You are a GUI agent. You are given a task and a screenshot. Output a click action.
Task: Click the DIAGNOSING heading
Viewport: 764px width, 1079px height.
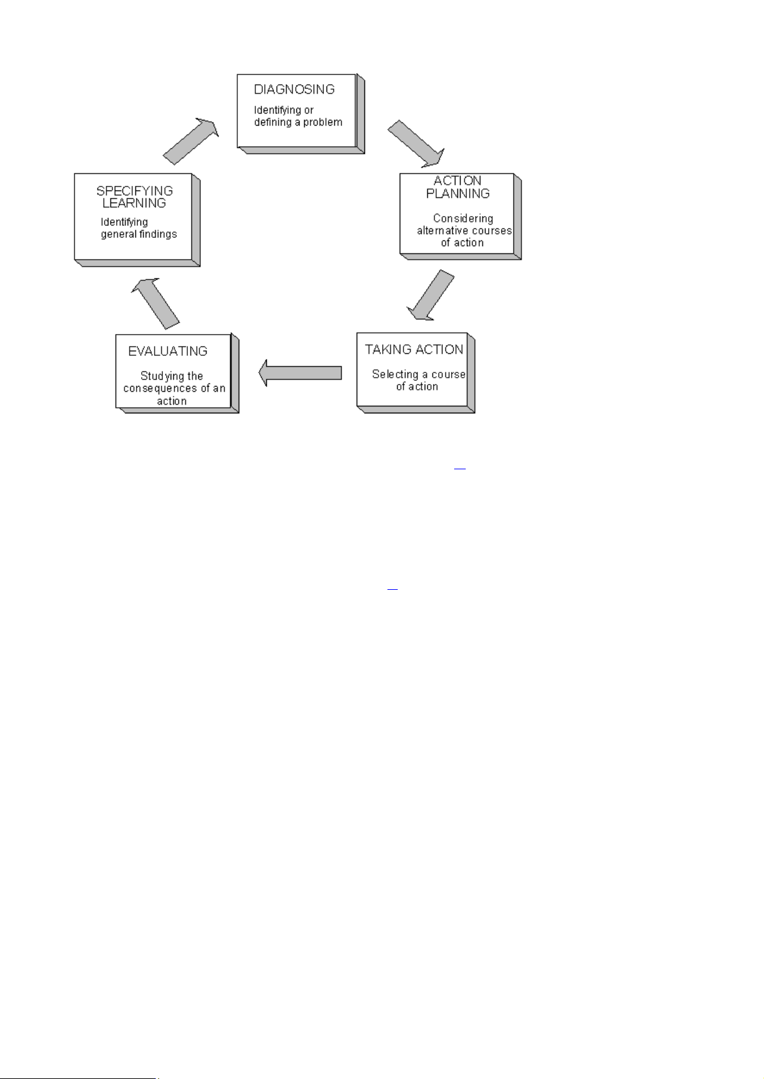coord(294,89)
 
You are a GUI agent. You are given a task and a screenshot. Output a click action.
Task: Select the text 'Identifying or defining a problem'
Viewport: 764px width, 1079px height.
coord(298,116)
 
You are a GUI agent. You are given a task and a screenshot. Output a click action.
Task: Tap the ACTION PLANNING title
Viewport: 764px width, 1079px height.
coord(457,187)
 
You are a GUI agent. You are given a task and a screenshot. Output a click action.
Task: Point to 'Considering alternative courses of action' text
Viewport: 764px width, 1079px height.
coord(464,230)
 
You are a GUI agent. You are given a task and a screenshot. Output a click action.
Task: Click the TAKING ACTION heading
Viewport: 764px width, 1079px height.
coord(414,349)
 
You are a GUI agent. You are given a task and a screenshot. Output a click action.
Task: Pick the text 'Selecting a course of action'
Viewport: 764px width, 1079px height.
coord(418,380)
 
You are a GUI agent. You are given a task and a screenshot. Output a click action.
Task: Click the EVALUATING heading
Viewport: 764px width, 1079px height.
coord(167,351)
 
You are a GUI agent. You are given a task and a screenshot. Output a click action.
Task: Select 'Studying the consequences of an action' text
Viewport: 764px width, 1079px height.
coord(174,389)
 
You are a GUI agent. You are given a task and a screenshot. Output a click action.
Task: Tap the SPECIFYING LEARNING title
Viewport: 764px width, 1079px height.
coord(135,197)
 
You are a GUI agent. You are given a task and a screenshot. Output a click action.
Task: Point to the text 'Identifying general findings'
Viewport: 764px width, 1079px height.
coord(139,228)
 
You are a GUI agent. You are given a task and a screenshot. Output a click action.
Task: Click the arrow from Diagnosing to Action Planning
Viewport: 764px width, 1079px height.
coord(416,144)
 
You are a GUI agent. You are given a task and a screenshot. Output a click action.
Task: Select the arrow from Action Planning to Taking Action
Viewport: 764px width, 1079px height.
coord(430,296)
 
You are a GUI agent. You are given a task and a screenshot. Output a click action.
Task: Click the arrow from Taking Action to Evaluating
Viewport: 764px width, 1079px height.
coord(300,373)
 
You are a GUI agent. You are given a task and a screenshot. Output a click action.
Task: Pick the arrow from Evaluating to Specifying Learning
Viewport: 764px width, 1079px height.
coord(155,303)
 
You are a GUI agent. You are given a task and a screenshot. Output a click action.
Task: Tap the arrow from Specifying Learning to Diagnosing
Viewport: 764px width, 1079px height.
coord(191,141)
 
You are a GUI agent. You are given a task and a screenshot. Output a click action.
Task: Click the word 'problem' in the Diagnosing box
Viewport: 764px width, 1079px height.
coord(323,122)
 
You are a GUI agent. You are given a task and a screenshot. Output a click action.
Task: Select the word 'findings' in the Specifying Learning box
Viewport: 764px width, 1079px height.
coord(158,233)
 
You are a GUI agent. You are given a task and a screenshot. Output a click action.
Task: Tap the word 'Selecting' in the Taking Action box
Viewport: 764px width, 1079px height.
coord(395,374)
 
